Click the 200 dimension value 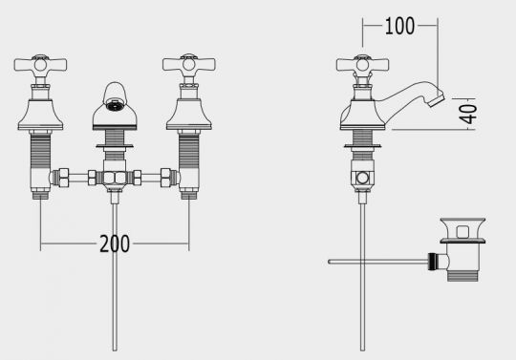(115, 244)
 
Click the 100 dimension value (399, 26)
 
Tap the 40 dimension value (470, 114)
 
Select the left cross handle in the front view (40, 64)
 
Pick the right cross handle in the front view (189, 64)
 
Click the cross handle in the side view (362, 64)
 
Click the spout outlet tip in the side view (438, 99)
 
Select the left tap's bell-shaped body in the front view (40, 114)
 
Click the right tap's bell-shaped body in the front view (189, 114)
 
